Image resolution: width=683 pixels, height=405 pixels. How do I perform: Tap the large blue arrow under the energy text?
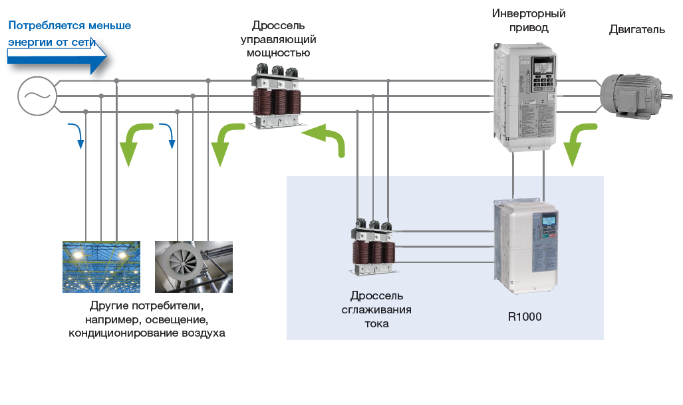click(57, 60)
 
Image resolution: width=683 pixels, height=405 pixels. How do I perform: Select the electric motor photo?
click(631, 95)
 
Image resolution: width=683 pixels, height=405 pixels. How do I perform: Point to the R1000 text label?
click(525, 317)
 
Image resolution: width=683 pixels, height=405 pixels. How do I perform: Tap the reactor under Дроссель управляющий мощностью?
click(274, 96)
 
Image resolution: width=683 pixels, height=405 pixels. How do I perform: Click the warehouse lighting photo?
click(101, 266)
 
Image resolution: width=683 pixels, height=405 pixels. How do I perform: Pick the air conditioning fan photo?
click(194, 266)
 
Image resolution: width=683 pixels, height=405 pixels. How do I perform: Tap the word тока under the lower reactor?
click(376, 324)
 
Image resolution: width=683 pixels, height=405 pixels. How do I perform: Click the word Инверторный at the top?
click(529, 13)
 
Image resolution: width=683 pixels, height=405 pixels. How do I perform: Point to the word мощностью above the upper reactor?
click(278, 53)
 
